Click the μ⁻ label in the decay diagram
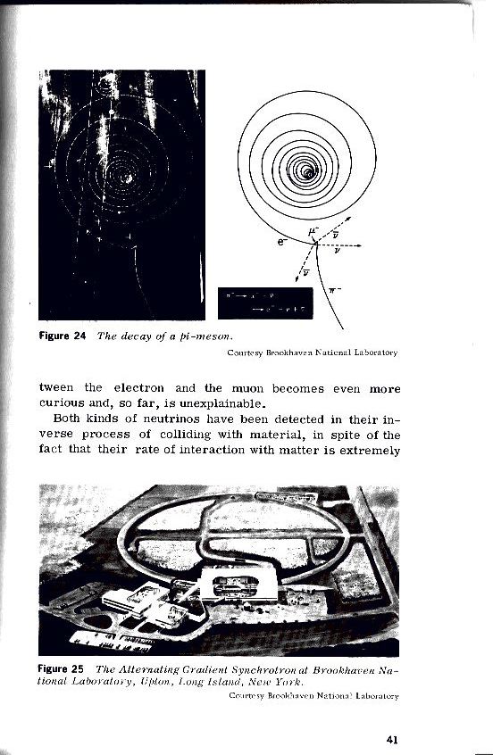pyautogui.click(x=312, y=231)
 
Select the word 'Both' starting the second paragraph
pyautogui.click(x=69, y=419)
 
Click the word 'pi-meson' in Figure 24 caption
pyautogui.click(x=205, y=336)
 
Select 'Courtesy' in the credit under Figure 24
pyautogui.click(x=244, y=353)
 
